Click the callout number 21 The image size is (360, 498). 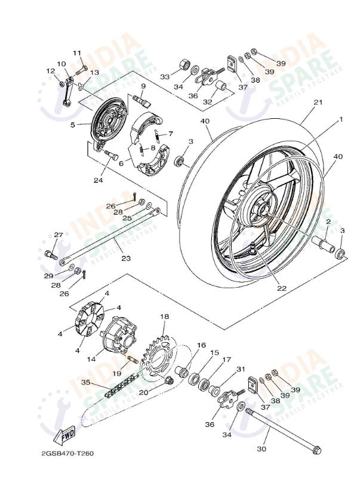(318, 102)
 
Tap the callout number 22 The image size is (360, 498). (281, 288)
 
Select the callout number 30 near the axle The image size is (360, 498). (261, 448)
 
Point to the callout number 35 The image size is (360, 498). (85, 383)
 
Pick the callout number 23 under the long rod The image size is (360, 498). (125, 259)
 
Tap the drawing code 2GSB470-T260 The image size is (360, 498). (67, 453)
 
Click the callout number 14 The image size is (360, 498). (92, 360)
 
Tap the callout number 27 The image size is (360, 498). (59, 235)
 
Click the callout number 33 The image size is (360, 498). (164, 76)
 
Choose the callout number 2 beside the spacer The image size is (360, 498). (328, 222)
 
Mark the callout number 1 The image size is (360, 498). (341, 119)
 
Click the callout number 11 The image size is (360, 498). (77, 53)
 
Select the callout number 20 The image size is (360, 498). (143, 392)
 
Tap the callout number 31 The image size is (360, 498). (241, 368)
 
